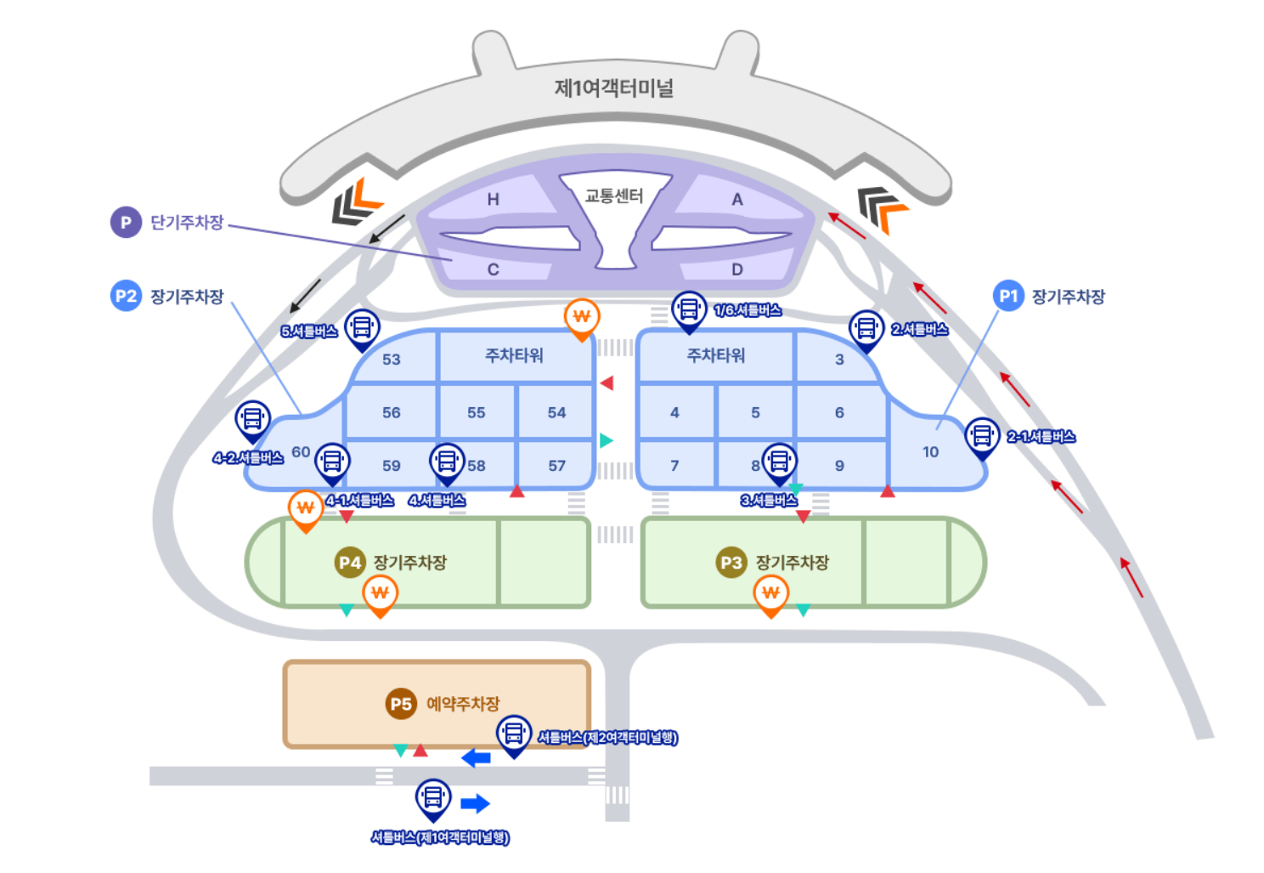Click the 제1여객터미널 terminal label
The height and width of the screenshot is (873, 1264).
click(x=613, y=88)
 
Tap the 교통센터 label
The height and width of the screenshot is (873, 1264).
click(x=613, y=196)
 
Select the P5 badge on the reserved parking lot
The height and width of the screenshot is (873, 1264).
click(x=401, y=704)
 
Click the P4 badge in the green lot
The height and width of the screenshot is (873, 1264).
click(x=349, y=562)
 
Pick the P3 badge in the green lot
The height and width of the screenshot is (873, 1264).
click(x=731, y=562)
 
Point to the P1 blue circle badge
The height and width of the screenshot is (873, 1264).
click(x=1008, y=296)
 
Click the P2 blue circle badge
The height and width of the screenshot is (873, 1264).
click(x=126, y=296)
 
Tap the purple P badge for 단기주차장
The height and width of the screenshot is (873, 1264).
click(x=126, y=222)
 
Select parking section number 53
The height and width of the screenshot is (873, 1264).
click(x=391, y=360)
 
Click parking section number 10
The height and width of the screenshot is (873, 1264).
click(x=930, y=452)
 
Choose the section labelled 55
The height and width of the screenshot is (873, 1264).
click(x=476, y=413)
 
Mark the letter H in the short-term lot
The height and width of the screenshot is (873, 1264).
click(x=493, y=200)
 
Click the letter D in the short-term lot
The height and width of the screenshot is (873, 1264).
click(x=736, y=269)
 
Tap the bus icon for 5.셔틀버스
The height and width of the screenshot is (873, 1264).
click(x=362, y=326)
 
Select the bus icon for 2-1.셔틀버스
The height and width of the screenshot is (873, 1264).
click(x=982, y=435)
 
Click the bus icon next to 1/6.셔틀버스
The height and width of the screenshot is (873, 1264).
click(x=688, y=309)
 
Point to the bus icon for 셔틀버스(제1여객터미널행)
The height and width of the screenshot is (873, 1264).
click(x=433, y=797)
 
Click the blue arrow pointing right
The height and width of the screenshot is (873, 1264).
click(x=475, y=803)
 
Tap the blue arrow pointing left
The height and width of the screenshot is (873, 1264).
click(x=476, y=757)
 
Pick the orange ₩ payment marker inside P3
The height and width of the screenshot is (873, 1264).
click(x=770, y=593)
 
